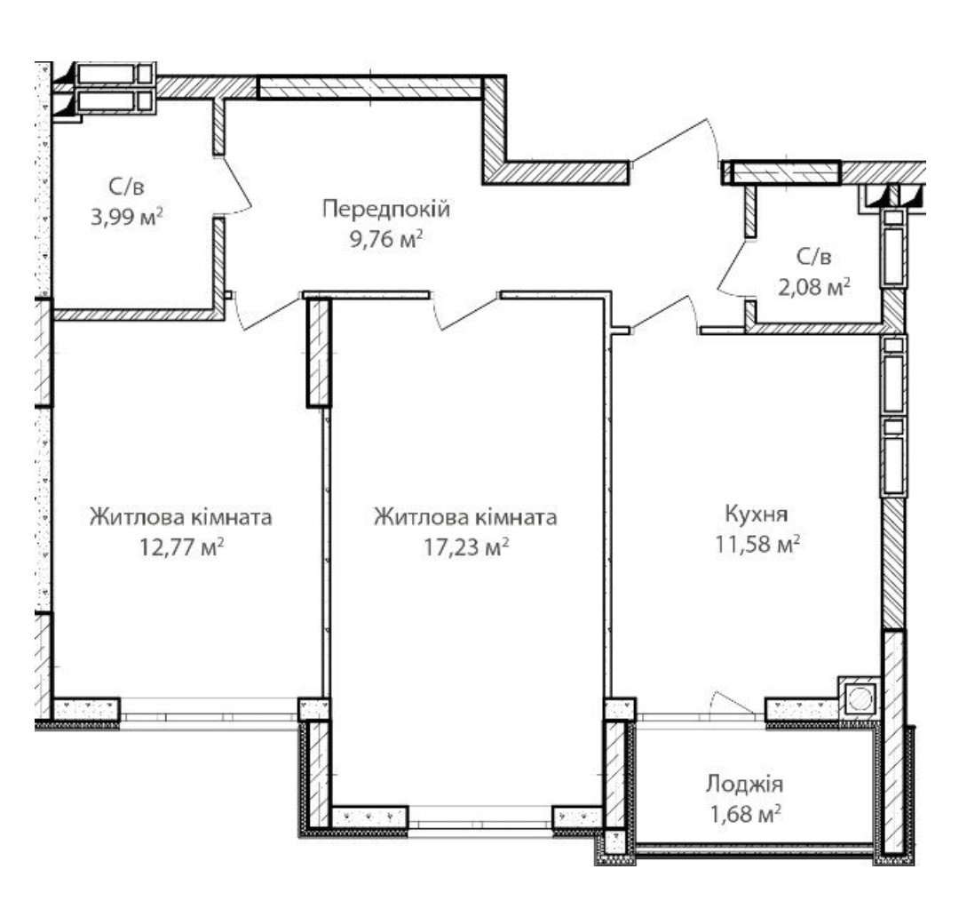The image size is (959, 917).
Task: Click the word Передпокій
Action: pyautogui.click(x=386, y=210)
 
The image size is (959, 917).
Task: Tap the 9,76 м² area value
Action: pyautogui.click(x=386, y=239)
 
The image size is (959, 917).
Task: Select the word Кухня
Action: pyautogui.click(x=757, y=514)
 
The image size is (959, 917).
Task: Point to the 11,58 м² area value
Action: pyautogui.click(x=757, y=544)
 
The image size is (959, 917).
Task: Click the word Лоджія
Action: pyautogui.click(x=744, y=785)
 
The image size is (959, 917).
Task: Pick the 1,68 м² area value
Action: pyautogui.click(x=744, y=814)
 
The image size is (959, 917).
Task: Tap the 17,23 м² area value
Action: pyautogui.click(x=466, y=546)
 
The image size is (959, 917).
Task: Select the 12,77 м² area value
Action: pyautogui.click(x=181, y=546)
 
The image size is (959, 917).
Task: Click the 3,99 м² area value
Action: pyautogui.click(x=127, y=217)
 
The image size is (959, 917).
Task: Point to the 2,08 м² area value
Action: pyautogui.click(x=814, y=286)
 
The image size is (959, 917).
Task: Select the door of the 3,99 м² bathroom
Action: pyautogui.click(x=235, y=185)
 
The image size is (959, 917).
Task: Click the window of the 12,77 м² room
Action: pyautogui.click(x=209, y=714)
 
